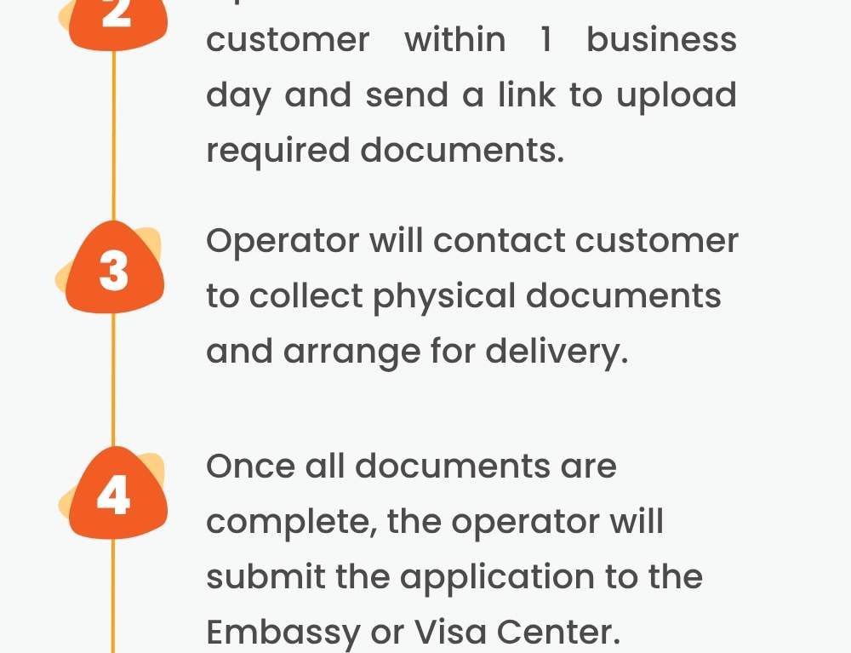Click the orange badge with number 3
(x=114, y=272)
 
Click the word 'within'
(x=454, y=40)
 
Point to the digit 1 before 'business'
(x=546, y=40)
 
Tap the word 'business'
(x=661, y=40)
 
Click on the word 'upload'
(x=676, y=95)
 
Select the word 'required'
(x=277, y=151)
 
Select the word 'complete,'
(x=290, y=522)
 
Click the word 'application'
(x=497, y=578)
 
